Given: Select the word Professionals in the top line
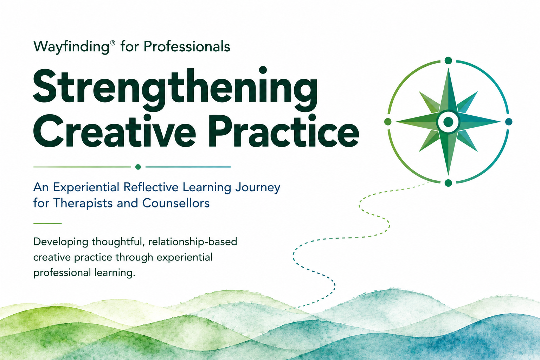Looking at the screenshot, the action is tap(187, 46).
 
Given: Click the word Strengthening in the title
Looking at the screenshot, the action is tap(175, 89).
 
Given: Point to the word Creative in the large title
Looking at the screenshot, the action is tap(114, 130).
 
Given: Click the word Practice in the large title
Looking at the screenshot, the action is tap(284, 130).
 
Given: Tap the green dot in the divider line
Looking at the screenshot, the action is tap(138, 167).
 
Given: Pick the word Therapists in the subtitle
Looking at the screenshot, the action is tap(83, 203).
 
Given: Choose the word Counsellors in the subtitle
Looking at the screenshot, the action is tap(176, 203).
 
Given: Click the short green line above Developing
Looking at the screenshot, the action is tap(47, 224).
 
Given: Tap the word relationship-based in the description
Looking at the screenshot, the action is tap(193, 242).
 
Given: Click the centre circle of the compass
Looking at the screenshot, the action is tap(448, 122).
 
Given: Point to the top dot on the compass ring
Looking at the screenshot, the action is tap(448, 60).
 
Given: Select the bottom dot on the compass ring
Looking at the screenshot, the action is tap(448, 183).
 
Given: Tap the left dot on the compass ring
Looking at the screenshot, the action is tap(388, 122).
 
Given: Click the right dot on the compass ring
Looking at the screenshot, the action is tap(509, 122).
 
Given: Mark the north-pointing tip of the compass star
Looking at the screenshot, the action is tap(448, 69).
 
